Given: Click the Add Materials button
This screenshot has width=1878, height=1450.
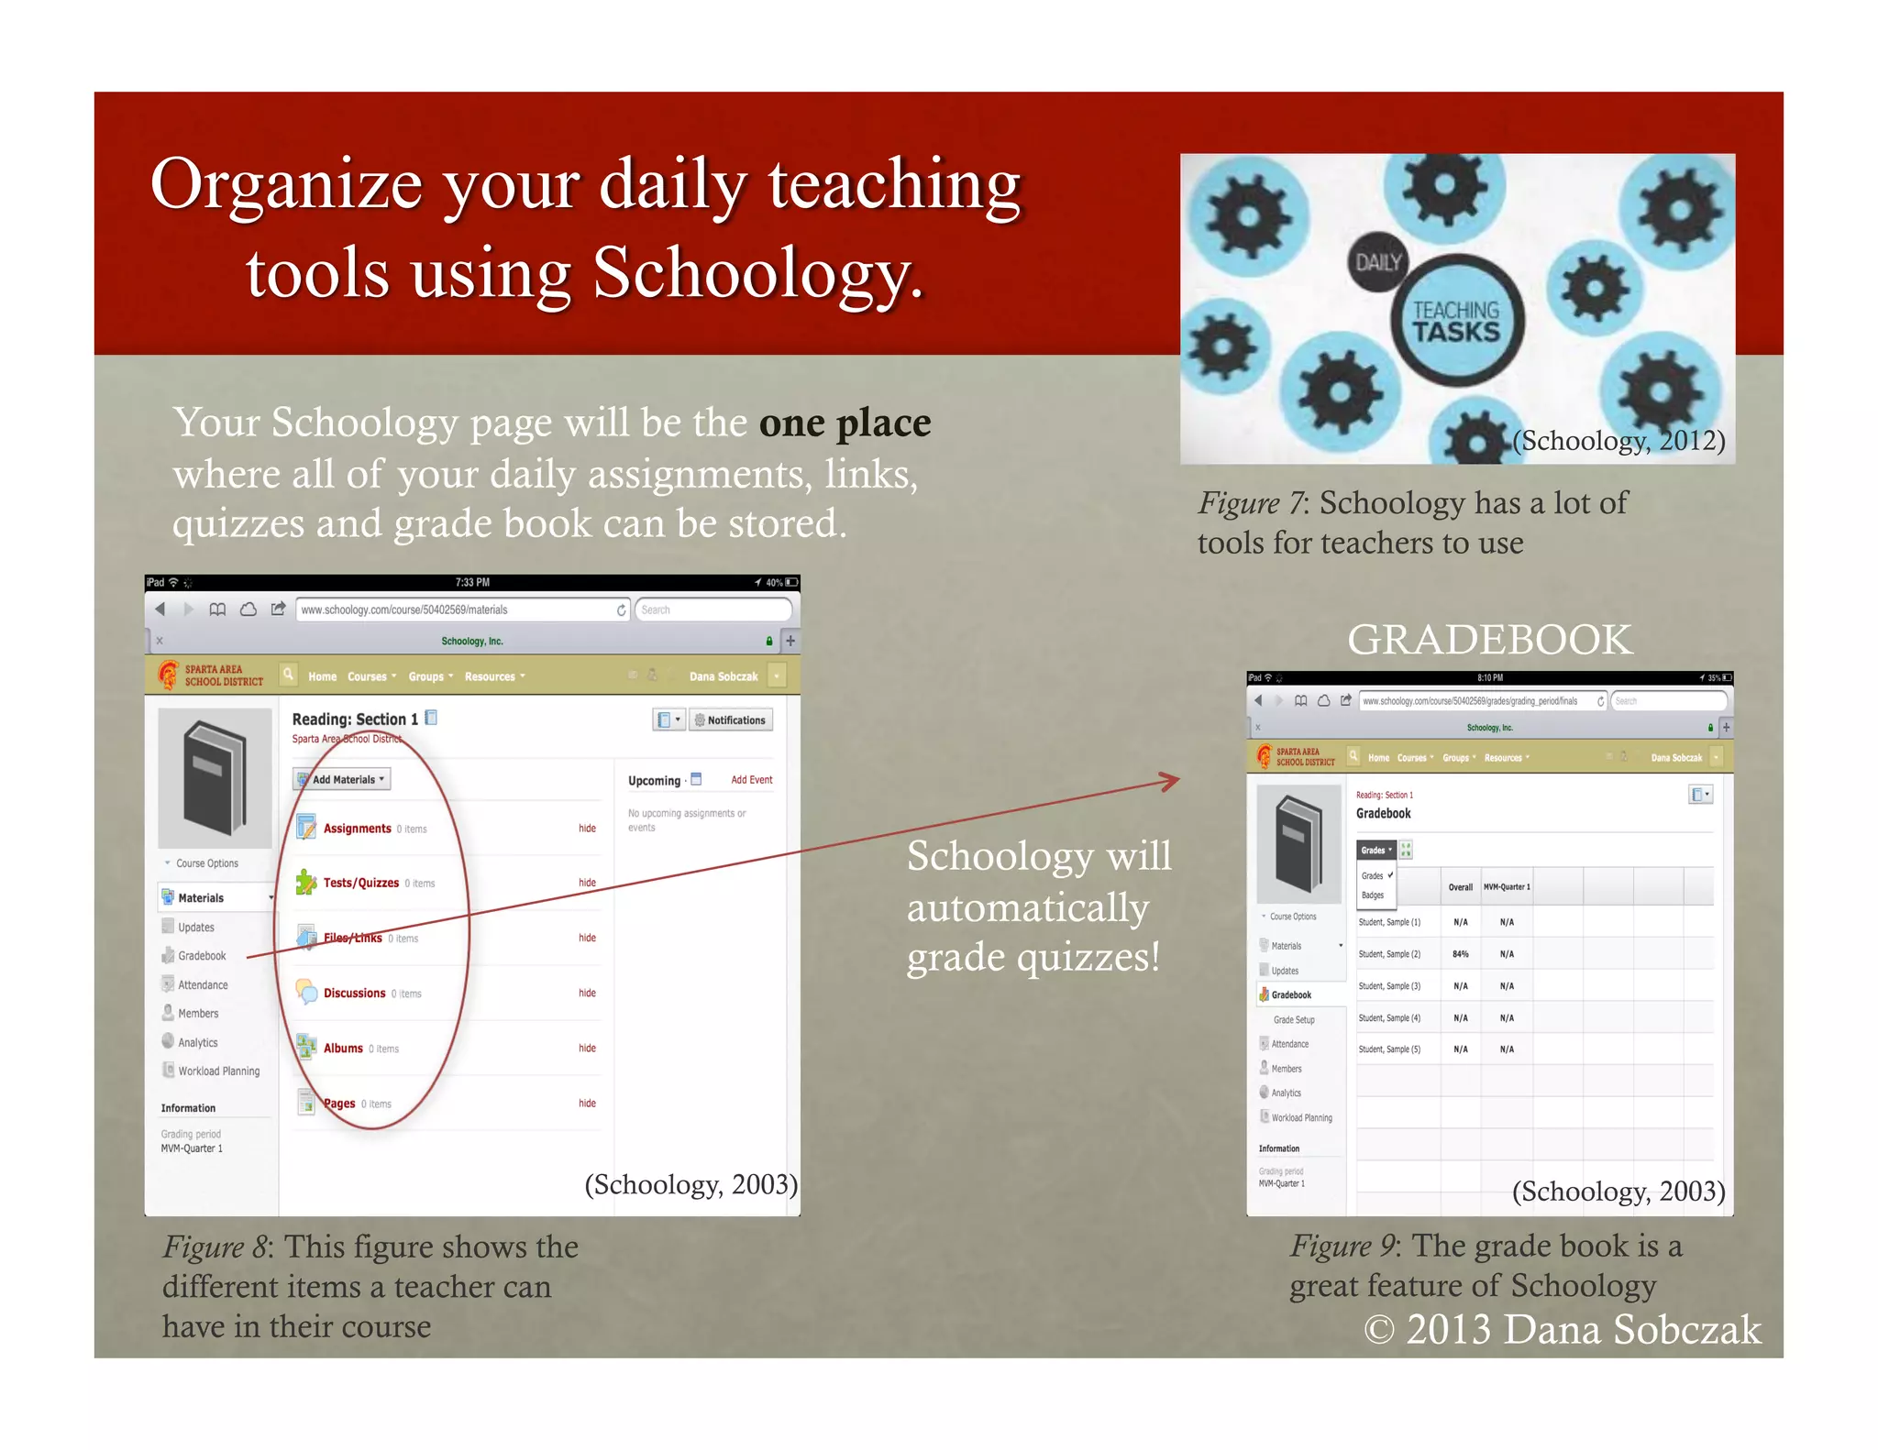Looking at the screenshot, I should (342, 779).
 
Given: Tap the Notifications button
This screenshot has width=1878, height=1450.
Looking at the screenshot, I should (730, 720).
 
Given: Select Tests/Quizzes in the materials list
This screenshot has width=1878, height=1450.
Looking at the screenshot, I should (360, 883).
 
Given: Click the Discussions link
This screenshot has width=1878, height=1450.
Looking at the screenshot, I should (354, 993).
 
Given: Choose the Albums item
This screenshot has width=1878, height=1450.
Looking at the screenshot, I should (343, 1048).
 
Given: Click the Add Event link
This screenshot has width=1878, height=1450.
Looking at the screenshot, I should (751, 780).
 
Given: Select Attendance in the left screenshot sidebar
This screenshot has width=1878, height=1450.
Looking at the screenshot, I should (203, 985).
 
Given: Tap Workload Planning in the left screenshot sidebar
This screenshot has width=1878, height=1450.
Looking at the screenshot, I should (218, 1071).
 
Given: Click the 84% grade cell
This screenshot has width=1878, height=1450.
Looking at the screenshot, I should (1460, 954).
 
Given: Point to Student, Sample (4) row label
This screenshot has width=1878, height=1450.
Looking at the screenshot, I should (1389, 1018).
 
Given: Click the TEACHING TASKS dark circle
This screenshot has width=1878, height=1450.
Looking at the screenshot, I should (1455, 321).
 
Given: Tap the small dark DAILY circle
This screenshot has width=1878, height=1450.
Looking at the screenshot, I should (1377, 262).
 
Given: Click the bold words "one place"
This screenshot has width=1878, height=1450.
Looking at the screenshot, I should (845, 423).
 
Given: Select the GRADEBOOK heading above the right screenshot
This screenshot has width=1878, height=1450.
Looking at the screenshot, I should (1489, 640).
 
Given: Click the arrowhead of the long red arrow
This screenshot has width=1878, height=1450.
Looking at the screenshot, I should (1171, 780).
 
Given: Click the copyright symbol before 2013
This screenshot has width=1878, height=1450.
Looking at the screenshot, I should (1378, 1329).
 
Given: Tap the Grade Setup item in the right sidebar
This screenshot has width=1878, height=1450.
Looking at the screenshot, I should (1293, 1019).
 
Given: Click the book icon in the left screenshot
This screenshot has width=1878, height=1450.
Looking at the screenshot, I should (215, 777).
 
